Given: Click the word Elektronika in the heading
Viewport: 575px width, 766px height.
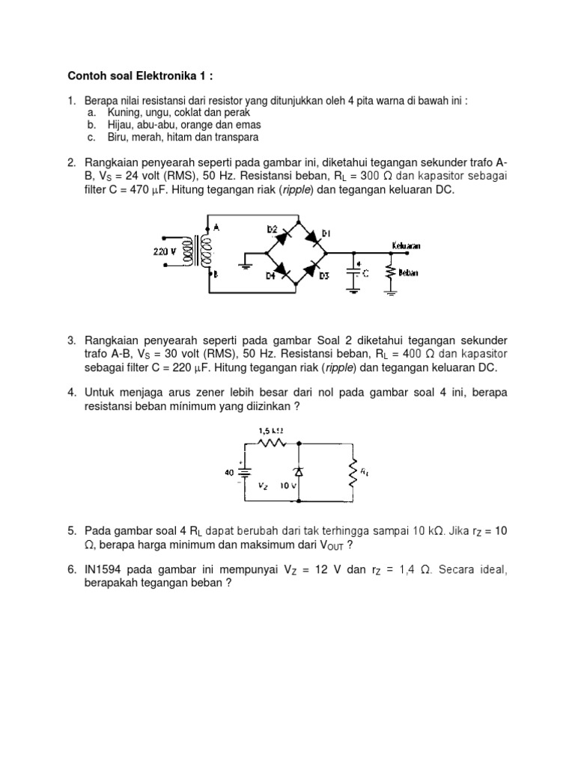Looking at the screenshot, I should (x=156, y=76).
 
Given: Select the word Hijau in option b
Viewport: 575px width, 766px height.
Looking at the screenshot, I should (x=98, y=125).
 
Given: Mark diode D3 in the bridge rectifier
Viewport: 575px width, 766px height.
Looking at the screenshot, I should (x=315, y=269).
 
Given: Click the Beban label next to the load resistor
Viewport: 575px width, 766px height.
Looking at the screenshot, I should (x=409, y=273).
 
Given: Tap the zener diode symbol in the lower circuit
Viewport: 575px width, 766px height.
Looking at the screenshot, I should (x=299, y=473).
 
